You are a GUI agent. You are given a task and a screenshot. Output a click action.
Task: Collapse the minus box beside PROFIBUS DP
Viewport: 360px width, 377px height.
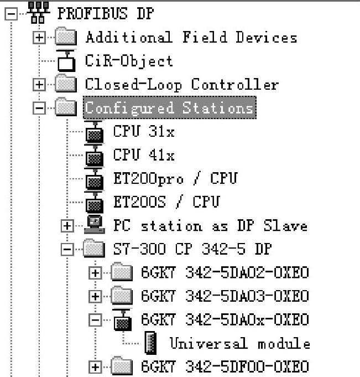click(10, 15)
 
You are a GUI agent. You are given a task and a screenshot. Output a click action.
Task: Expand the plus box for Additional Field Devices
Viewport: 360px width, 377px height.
click(39, 38)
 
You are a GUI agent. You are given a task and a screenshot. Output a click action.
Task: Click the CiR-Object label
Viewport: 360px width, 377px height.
click(128, 61)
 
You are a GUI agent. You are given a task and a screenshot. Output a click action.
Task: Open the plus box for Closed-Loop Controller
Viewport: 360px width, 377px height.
click(39, 85)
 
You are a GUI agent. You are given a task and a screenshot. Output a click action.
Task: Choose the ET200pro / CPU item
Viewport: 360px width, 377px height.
click(175, 178)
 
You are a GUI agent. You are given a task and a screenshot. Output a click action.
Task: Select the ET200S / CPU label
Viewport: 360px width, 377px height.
click(166, 202)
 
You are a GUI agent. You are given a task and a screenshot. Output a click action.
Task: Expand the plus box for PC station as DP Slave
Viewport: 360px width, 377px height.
click(67, 226)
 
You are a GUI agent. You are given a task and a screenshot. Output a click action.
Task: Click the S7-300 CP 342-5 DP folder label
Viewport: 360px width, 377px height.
click(192, 249)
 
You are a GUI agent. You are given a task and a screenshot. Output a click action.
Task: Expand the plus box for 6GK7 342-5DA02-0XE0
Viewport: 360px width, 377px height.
click(96, 273)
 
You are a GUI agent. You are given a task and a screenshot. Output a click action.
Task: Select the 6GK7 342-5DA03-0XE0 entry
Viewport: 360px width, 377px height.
click(225, 296)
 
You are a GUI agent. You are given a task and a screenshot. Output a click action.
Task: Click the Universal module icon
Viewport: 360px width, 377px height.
click(149, 344)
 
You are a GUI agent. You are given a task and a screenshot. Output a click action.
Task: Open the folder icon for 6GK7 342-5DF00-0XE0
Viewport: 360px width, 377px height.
click(121, 366)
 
